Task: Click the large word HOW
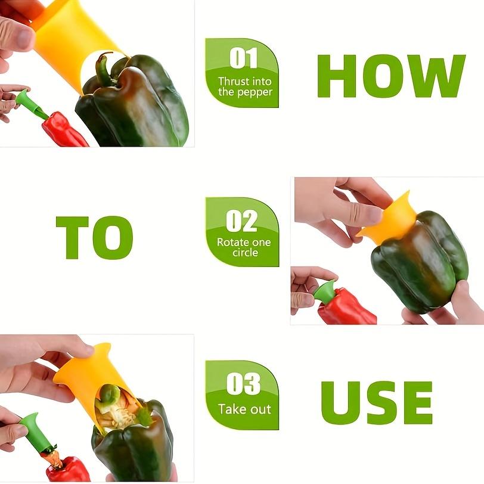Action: coord(390,76)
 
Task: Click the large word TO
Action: coord(94,237)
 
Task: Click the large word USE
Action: coord(376,402)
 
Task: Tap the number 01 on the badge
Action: coord(243,58)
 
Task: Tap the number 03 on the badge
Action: coord(243,384)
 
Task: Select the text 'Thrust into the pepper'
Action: coord(244,86)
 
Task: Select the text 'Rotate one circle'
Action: coord(244,247)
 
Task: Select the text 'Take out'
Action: coord(244,409)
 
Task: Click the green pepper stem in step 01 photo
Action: coord(104,69)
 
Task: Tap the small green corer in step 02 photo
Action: coord(325,292)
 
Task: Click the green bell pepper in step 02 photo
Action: coord(417,262)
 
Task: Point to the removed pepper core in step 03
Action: coord(116,411)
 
